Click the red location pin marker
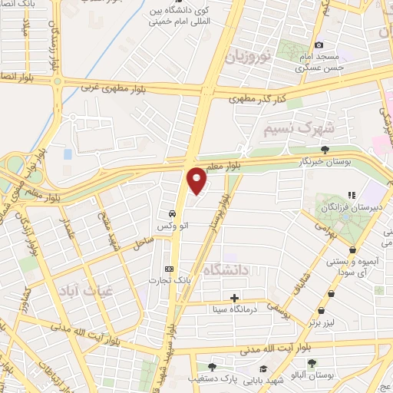pos(197,180)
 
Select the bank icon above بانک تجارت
pos(170,268)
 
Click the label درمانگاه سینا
pos(233,310)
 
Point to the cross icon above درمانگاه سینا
pos(234,298)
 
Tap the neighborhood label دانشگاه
pos(228,269)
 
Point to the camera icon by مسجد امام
pos(319,45)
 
